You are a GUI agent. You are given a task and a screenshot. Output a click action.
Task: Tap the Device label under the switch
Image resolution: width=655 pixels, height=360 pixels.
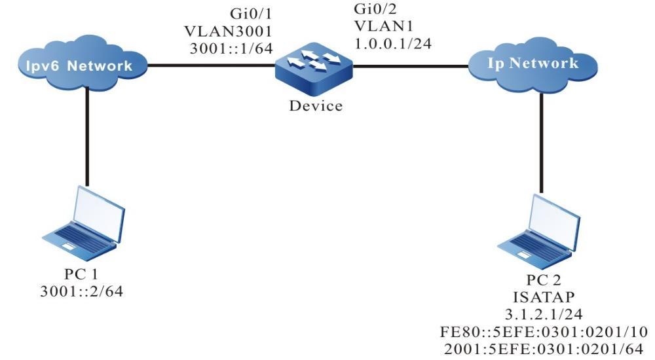pos(316,107)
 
